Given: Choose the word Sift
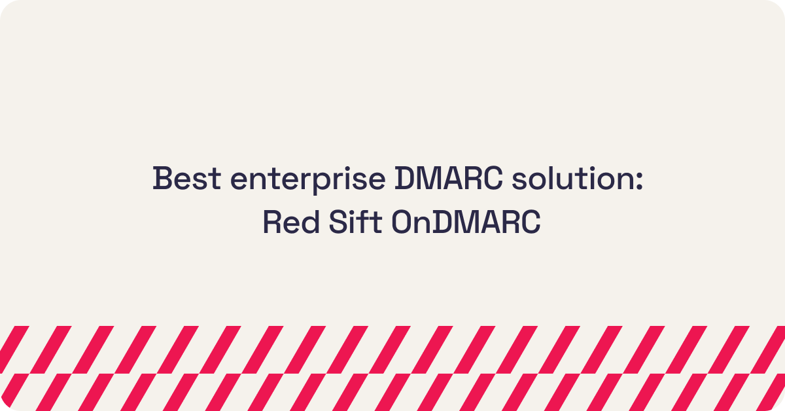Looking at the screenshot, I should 351,223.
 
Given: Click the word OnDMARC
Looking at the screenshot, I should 466,223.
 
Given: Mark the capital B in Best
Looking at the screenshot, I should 162,179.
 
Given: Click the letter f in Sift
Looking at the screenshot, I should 360,223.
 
